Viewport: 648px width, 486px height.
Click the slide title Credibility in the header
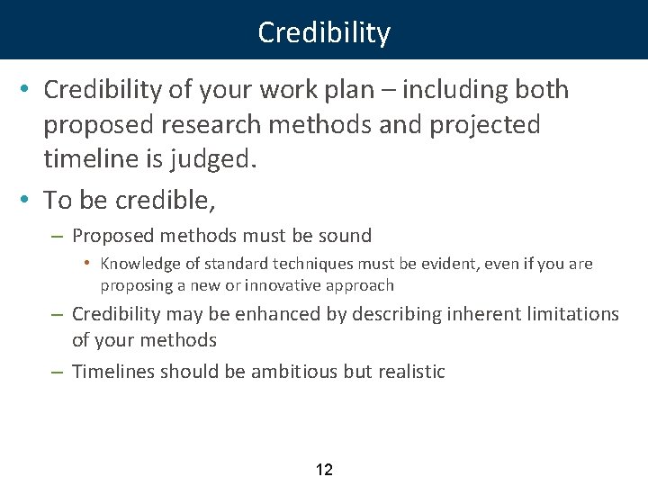324,33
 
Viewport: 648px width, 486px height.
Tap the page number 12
324,469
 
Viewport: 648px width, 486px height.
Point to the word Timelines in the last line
113,372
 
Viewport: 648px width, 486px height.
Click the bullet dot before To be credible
30,201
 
